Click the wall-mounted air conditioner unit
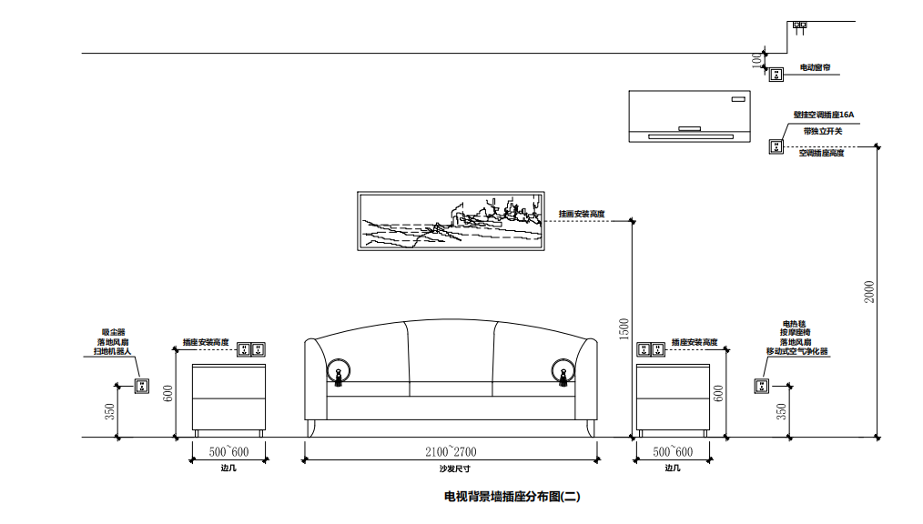point(689,116)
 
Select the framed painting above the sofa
point(451,221)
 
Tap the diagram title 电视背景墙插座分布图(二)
point(512,497)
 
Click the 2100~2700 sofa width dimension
point(451,452)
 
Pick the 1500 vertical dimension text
point(624,329)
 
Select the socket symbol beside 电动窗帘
point(776,75)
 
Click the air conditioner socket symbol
point(776,146)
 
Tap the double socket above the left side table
point(249,348)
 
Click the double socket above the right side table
point(652,348)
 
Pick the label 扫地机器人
point(114,351)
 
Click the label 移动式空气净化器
point(797,351)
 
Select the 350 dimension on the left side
point(109,411)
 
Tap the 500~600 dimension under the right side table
point(673,452)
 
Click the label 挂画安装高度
point(582,214)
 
